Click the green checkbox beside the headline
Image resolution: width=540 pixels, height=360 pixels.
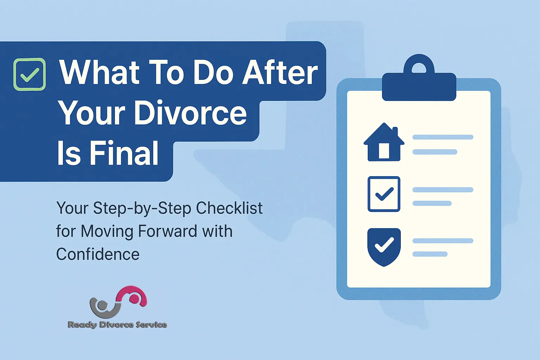(x=30, y=74)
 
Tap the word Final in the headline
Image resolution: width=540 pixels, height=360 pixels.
(x=124, y=154)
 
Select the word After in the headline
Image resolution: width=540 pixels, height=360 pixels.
(x=280, y=73)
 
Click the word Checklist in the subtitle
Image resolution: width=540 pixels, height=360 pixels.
(x=229, y=208)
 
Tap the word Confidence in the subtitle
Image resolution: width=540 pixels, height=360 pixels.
(x=98, y=254)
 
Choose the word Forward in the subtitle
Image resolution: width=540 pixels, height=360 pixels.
(x=167, y=231)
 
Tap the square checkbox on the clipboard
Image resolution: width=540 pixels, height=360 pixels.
(x=384, y=194)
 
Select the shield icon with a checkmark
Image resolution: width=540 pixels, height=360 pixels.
(x=384, y=246)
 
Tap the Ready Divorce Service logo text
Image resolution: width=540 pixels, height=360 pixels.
(x=117, y=325)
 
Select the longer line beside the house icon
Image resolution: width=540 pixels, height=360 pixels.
(x=443, y=137)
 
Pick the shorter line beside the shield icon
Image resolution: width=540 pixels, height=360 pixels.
(x=430, y=254)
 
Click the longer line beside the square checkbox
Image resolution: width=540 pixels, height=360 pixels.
(x=443, y=190)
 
